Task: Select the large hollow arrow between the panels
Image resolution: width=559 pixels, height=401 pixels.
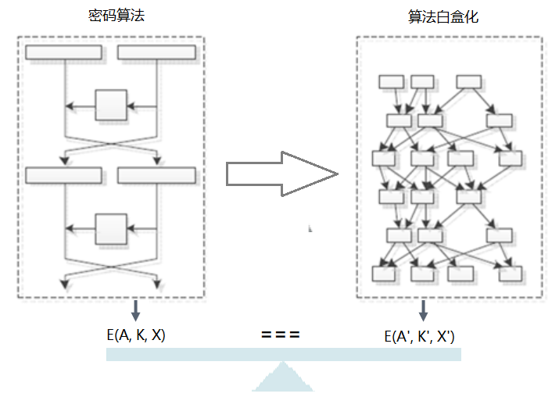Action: coord(281,174)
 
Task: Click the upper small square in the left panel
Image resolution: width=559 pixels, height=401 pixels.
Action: coord(111,105)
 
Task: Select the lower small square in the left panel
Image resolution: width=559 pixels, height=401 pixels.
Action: coord(111,229)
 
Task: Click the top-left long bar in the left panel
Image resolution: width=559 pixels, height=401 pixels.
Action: coord(63,52)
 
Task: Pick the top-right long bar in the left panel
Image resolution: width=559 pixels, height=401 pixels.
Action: coord(156,52)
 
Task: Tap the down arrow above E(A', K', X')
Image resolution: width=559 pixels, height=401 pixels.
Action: coord(423,310)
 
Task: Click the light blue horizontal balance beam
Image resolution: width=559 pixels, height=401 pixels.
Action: coord(283,354)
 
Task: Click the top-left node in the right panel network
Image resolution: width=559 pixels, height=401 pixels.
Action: coord(390,81)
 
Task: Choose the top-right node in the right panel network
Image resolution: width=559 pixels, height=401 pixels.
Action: coord(468,81)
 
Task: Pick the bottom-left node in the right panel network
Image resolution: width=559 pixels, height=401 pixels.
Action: coord(384,274)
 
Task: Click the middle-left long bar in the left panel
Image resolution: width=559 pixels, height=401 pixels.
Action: coord(63,175)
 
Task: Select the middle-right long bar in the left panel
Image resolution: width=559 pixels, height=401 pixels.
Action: coord(156,175)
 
